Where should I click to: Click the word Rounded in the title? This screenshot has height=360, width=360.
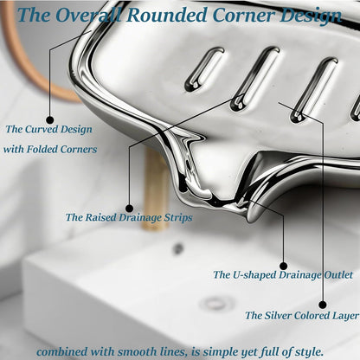click(x=167, y=15)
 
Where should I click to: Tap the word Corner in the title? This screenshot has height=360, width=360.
click(x=244, y=15)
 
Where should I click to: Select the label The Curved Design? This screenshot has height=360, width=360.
click(x=48, y=129)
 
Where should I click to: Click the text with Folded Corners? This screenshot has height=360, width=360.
click(x=50, y=149)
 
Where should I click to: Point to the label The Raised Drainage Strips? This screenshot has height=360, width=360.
click(x=129, y=217)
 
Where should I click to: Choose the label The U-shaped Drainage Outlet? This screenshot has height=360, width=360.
click(x=283, y=274)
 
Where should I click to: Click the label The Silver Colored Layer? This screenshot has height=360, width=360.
click(x=302, y=315)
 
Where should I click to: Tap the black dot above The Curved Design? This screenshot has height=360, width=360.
click(x=50, y=119)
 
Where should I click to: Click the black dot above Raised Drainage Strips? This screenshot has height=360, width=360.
click(x=130, y=209)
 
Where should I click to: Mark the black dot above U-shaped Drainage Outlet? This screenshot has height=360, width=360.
click(x=284, y=266)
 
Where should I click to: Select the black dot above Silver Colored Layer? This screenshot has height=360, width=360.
click(x=323, y=305)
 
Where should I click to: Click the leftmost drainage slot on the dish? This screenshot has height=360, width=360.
click(x=203, y=69)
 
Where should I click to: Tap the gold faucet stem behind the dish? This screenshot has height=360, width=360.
click(x=156, y=189)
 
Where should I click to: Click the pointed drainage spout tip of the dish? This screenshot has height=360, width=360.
click(x=250, y=219)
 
